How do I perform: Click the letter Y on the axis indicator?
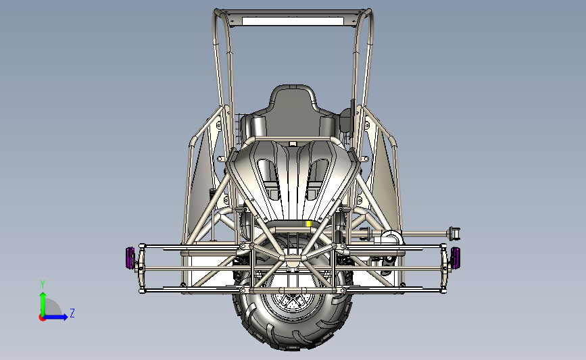pyautogui.click(x=43, y=284)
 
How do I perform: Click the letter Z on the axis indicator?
pyautogui.click(x=72, y=313)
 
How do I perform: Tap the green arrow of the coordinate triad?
pyautogui.click(x=43, y=304)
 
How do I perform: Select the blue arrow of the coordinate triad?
pyautogui.click(x=55, y=317)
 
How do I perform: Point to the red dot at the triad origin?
pyautogui.click(x=42, y=318)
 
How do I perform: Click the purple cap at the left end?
pyautogui.click(x=130, y=258)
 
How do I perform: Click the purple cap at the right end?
pyautogui.click(x=455, y=258)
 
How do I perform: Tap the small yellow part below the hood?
pyautogui.click(x=308, y=224)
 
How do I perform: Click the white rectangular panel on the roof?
pyautogui.click(x=293, y=22)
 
